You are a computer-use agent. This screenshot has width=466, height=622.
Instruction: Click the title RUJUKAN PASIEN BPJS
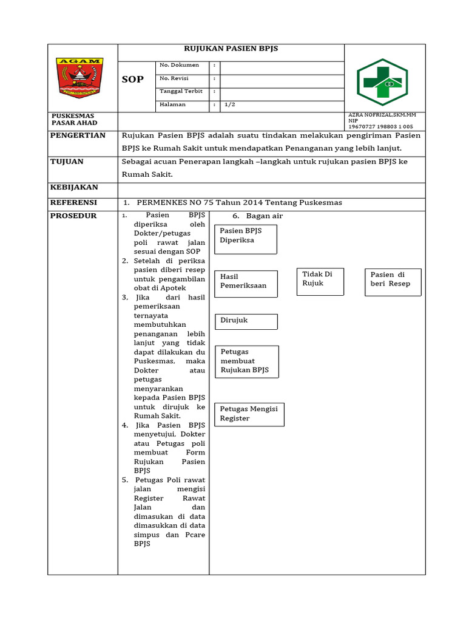(x=231, y=49)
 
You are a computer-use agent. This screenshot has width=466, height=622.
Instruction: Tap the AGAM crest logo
(x=80, y=77)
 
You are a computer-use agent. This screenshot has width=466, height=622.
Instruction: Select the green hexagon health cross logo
(x=382, y=79)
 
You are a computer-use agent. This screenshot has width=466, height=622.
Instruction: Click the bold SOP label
(x=133, y=80)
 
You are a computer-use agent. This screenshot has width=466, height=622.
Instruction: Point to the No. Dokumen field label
(x=179, y=64)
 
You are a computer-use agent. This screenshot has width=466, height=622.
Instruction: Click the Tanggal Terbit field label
(x=180, y=91)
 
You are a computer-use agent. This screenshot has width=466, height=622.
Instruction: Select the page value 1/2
(x=230, y=104)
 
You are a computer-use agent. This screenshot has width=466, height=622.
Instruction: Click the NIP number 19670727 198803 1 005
(x=380, y=126)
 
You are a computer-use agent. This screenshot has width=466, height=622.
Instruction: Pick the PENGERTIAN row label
(x=78, y=135)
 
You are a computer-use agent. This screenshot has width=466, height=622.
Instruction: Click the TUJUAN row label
(x=67, y=162)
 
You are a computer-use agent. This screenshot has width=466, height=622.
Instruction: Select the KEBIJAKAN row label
(x=74, y=188)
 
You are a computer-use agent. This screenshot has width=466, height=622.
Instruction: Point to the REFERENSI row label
(x=75, y=202)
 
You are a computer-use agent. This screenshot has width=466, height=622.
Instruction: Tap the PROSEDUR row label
(x=73, y=216)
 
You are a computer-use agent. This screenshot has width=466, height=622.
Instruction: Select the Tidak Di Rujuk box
(x=320, y=281)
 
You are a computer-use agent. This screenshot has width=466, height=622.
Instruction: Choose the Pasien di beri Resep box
(x=393, y=282)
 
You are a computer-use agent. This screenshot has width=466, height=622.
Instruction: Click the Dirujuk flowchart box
(x=246, y=321)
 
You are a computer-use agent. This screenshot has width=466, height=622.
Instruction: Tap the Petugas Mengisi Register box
(x=249, y=414)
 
